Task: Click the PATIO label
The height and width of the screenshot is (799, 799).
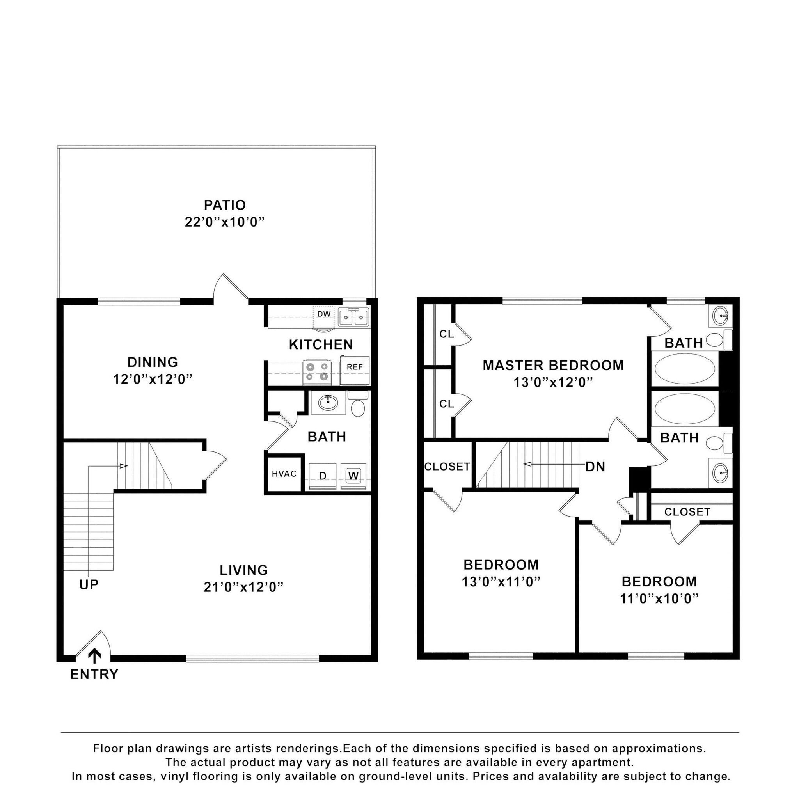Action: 225,205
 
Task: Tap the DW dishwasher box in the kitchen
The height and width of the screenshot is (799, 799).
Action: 324,314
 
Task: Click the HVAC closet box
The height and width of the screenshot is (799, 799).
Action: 284,474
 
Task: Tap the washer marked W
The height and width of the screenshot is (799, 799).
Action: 353,476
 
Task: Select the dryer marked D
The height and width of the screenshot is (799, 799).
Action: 323,476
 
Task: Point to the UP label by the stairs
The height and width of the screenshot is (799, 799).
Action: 89,585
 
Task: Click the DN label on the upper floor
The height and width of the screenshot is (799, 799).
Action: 595,467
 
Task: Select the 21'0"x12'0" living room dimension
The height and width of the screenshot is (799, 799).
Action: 243,587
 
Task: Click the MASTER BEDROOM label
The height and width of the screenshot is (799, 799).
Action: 553,366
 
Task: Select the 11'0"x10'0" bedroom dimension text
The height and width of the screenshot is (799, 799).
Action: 659,598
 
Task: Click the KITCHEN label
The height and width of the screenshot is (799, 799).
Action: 321,344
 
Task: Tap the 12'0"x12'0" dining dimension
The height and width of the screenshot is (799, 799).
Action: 153,379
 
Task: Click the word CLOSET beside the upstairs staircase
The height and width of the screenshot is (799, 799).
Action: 447,467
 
